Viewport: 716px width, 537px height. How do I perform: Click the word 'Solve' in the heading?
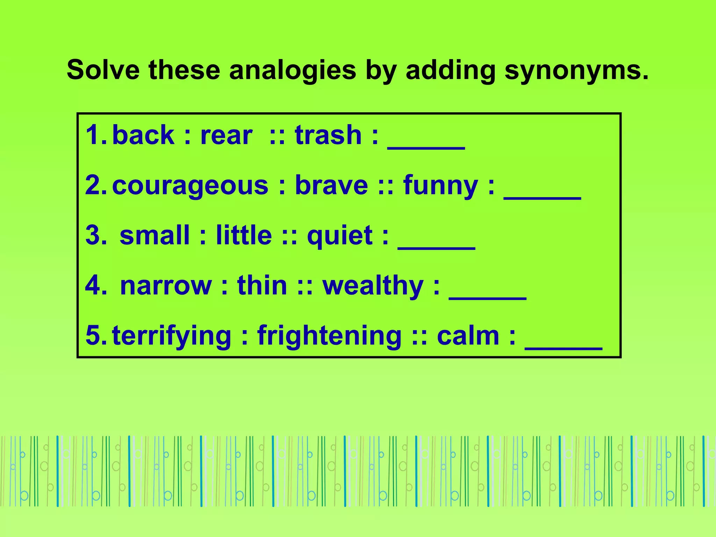tap(103, 70)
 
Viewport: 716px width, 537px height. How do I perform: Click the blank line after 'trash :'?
tap(426, 147)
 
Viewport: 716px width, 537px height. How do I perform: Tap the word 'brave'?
tap(331, 185)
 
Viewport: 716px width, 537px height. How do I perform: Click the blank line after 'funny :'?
tap(542, 198)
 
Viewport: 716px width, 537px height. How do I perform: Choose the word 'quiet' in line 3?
tap(340, 235)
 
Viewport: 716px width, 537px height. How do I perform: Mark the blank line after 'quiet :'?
tap(436, 248)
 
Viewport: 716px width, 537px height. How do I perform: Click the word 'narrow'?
tap(166, 286)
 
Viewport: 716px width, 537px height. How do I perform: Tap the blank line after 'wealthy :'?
tap(487, 298)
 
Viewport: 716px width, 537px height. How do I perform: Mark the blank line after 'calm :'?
tap(564, 348)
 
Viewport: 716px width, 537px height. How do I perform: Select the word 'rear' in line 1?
tap(226, 136)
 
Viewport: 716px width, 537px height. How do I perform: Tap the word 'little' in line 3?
tap(244, 235)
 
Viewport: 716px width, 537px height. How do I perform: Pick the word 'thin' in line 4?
tap(262, 286)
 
